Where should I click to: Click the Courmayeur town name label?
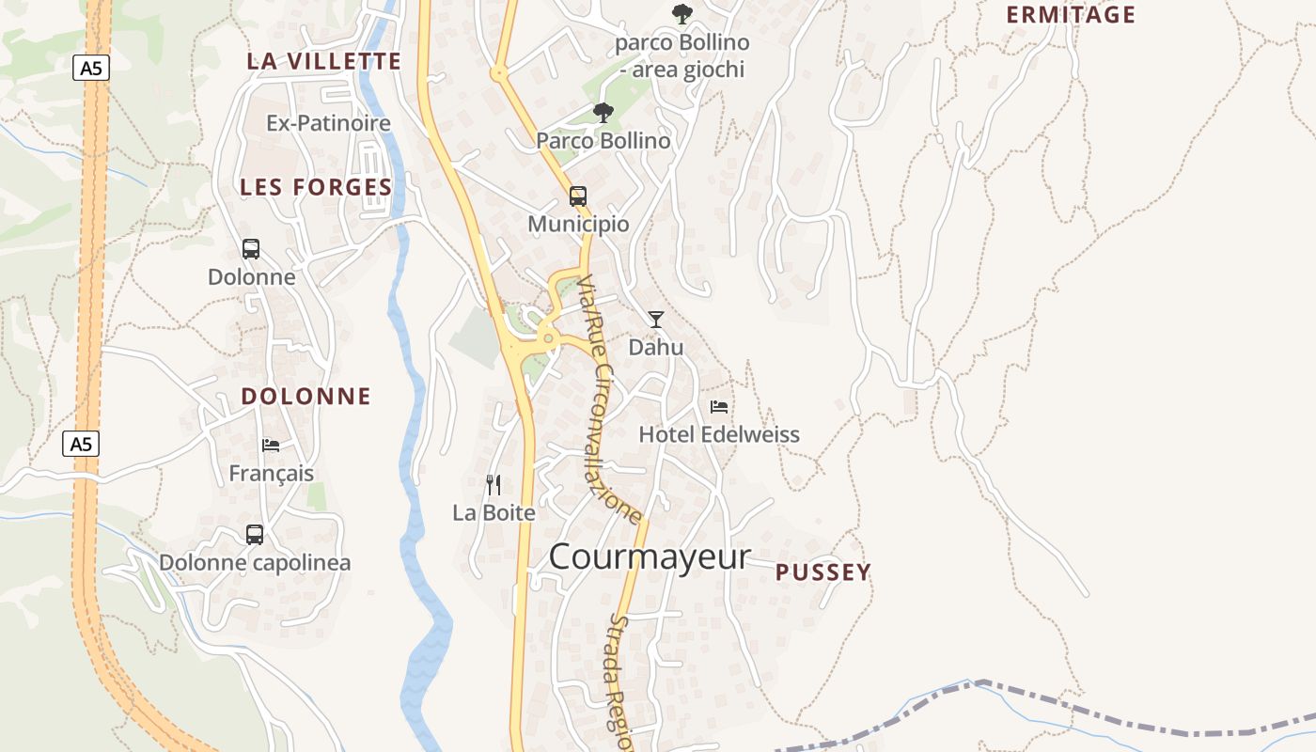pos(650,556)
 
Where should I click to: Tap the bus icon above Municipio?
pos(578,196)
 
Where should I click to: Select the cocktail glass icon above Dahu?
pos(656,320)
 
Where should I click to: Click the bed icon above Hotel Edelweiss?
pos(719,407)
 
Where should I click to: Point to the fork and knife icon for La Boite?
pos(493,485)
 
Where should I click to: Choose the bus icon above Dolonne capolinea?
pos(255,535)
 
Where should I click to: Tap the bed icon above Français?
pos(271,446)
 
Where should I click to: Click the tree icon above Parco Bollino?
pos(603,114)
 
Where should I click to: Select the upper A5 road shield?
pos(89,68)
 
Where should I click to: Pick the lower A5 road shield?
pos(81,444)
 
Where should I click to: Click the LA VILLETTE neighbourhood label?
pos(324,62)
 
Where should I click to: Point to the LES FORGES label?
pos(316,187)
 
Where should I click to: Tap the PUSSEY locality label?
pos(823,572)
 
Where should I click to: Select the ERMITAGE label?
pos(1071,15)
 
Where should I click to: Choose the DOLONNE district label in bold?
pos(306,396)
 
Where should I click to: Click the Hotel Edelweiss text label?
pos(719,434)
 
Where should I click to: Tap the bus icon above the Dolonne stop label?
pos(251,249)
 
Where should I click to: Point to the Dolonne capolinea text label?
pos(255,563)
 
